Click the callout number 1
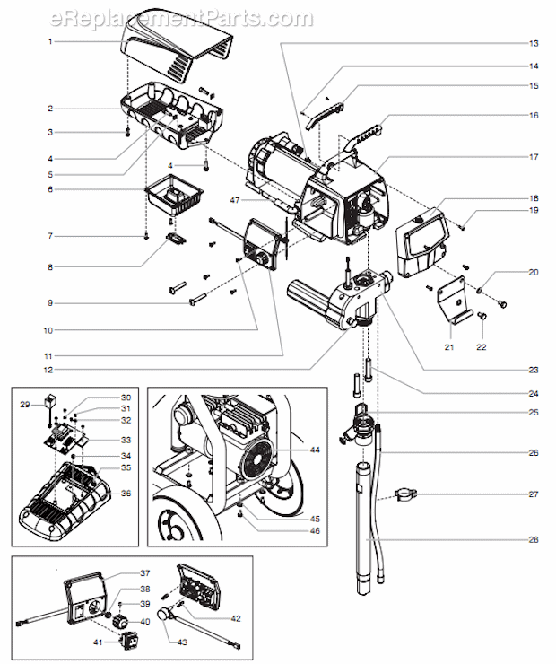[52, 41]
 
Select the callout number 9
[52, 303]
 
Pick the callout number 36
[126, 493]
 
